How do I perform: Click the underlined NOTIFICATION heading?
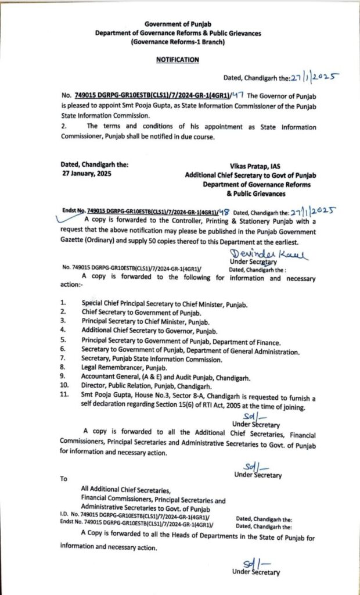[178, 59]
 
